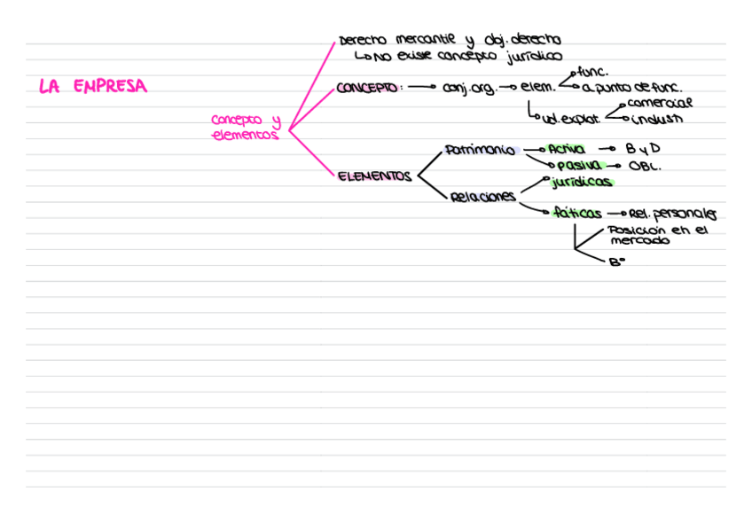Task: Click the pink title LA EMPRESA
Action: click(x=92, y=87)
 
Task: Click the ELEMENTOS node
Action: click(x=374, y=176)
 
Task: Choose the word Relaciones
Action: click(x=482, y=197)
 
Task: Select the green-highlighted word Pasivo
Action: click(x=578, y=165)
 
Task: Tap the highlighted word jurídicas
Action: click(x=581, y=183)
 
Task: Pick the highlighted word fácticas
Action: click(x=576, y=213)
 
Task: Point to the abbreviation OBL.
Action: click(x=645, y=166)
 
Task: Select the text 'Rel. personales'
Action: click(x=672, y=214)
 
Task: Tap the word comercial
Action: click(x=661, y=104)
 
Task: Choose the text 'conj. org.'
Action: click(x=469, y=89)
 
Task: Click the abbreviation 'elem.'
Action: click(x=537, y=88)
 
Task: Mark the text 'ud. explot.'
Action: click(x=570, y=118)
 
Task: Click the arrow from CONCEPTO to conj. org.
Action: click(x=422, y=88)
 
